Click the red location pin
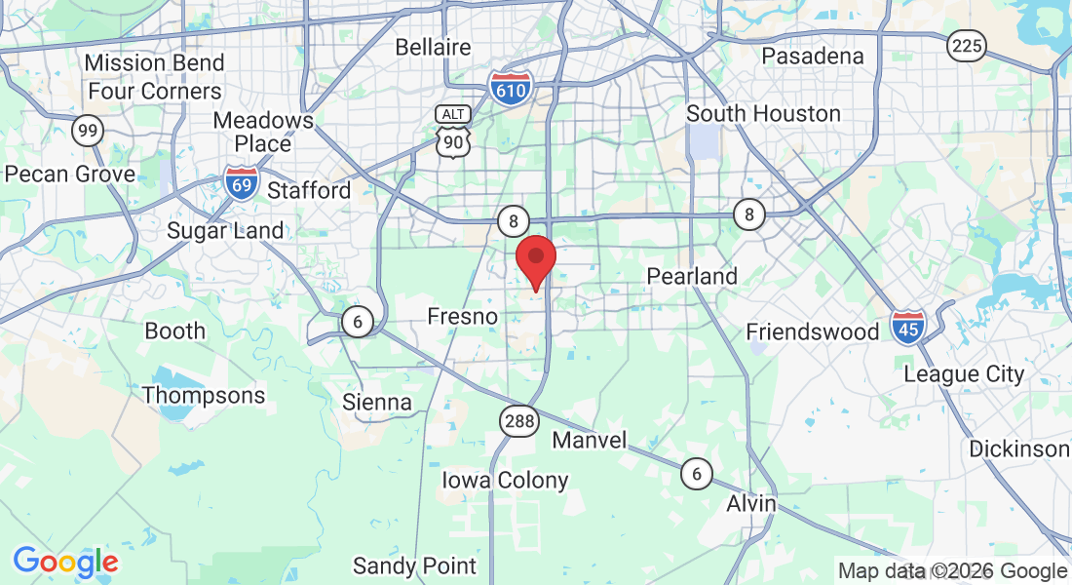click(535, 260)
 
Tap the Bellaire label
click(433, 47)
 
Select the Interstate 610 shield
click(511, 88)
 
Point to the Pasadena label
click(812, 56)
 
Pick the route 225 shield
click(966, 45)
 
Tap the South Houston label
click(763, 114)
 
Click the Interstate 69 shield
click(241, 182)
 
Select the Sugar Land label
click(225, 231)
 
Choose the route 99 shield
click(88, 131)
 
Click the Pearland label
click(692, 277)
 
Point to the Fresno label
click(463, 317)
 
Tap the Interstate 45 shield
click(908, 329)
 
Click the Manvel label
click(590, 441)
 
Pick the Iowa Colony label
click(505, 481)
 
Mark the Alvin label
click(751, 504)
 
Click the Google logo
click(65, 562)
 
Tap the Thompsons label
click(204, 396)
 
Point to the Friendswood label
click(813, 332)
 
